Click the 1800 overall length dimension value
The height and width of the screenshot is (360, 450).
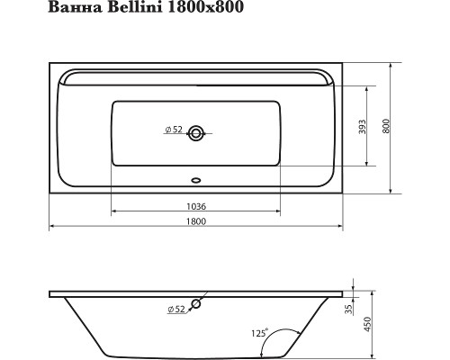point(194,222)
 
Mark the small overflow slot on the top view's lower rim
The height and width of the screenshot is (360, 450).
point(196,178)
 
